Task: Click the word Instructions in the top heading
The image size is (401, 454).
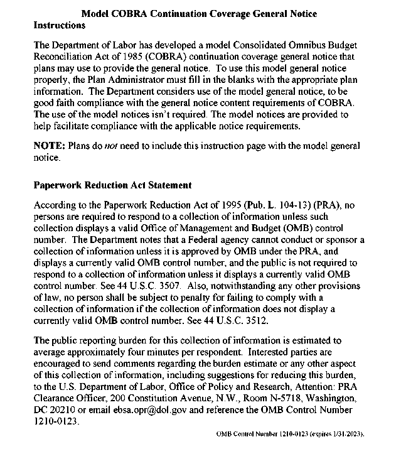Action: click(x=59, y=26)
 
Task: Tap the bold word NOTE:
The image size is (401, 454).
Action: click(x=48, y=146)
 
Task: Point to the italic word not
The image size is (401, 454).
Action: click(x=94, y=146)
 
